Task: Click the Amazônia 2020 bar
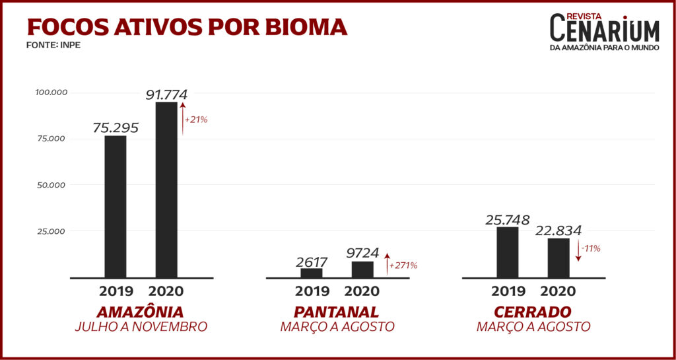(166, 190)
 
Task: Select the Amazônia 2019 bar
(116, 206)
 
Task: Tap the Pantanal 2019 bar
(312, 272)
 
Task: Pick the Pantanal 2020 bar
(363, 269)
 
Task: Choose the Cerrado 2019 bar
(508, 252)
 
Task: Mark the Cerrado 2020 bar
(558, 258)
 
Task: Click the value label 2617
(312, 262)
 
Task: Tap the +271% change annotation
(403, 266)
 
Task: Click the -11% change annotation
(591, 249)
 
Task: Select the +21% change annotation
(197, 120)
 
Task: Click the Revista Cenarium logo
(604, 32)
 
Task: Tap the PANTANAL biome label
(337, 312)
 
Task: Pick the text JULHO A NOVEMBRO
(141, 326)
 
